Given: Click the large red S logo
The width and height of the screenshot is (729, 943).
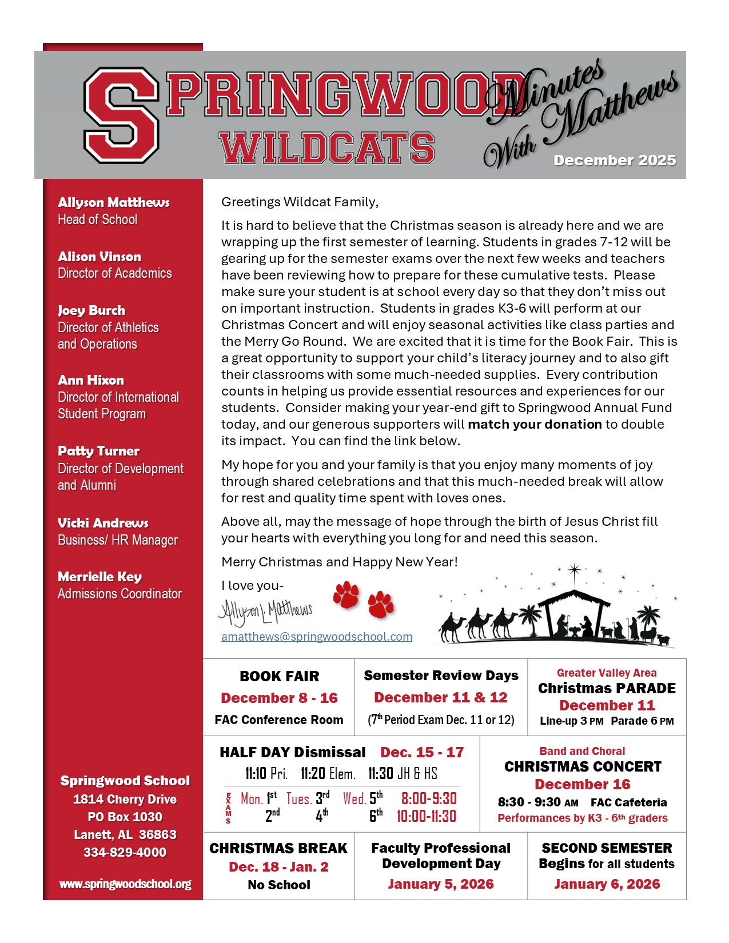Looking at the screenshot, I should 122,115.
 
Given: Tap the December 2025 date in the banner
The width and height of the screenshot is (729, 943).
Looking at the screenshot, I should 615,161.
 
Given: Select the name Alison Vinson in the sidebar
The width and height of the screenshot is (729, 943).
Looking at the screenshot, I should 99,257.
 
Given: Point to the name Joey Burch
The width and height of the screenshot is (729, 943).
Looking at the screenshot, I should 91,310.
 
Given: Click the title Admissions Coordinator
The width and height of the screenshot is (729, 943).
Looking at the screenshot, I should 119,594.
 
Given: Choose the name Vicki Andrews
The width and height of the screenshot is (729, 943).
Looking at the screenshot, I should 103,523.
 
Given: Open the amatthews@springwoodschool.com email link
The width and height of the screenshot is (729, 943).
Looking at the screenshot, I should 317,637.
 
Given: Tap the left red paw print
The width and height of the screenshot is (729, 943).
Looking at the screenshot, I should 346,595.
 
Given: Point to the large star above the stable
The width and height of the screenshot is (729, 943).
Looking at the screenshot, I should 574,570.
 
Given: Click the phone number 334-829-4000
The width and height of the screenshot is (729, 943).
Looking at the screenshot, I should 125,852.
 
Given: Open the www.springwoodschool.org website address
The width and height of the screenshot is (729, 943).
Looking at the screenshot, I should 125,884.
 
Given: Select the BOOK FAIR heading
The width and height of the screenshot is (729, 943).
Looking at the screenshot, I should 279,676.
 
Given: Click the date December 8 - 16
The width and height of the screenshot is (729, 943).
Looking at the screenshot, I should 279,698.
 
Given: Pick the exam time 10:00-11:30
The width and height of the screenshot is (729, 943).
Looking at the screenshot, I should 427,816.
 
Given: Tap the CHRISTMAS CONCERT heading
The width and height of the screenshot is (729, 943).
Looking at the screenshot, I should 583,766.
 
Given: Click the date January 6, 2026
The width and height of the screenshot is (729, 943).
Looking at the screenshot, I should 607,884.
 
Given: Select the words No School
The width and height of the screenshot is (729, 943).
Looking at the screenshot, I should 279,885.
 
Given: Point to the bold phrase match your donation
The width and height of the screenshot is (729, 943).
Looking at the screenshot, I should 535,424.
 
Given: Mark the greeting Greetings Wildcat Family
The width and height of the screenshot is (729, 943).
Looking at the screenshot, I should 300,202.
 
